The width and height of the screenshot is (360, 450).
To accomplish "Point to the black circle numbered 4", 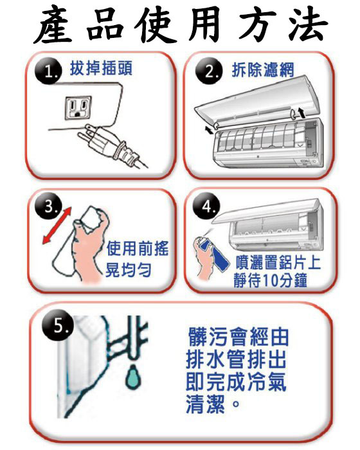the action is [207, 206].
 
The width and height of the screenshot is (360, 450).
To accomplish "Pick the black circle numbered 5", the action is [58, 326].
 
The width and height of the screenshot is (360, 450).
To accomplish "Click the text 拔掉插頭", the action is [101, 69].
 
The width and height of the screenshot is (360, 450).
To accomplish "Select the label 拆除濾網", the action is [263, 70].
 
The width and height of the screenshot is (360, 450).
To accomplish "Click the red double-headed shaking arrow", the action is [57, 226].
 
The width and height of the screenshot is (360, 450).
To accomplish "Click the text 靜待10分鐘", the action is [271, 280].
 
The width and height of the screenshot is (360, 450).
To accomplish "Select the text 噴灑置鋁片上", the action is [278, 262].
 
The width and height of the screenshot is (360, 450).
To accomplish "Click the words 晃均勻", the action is [129, 270].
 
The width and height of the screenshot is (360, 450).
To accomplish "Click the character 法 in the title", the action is [307, 25].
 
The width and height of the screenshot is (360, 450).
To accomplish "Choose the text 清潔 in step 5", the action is [205, 404].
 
